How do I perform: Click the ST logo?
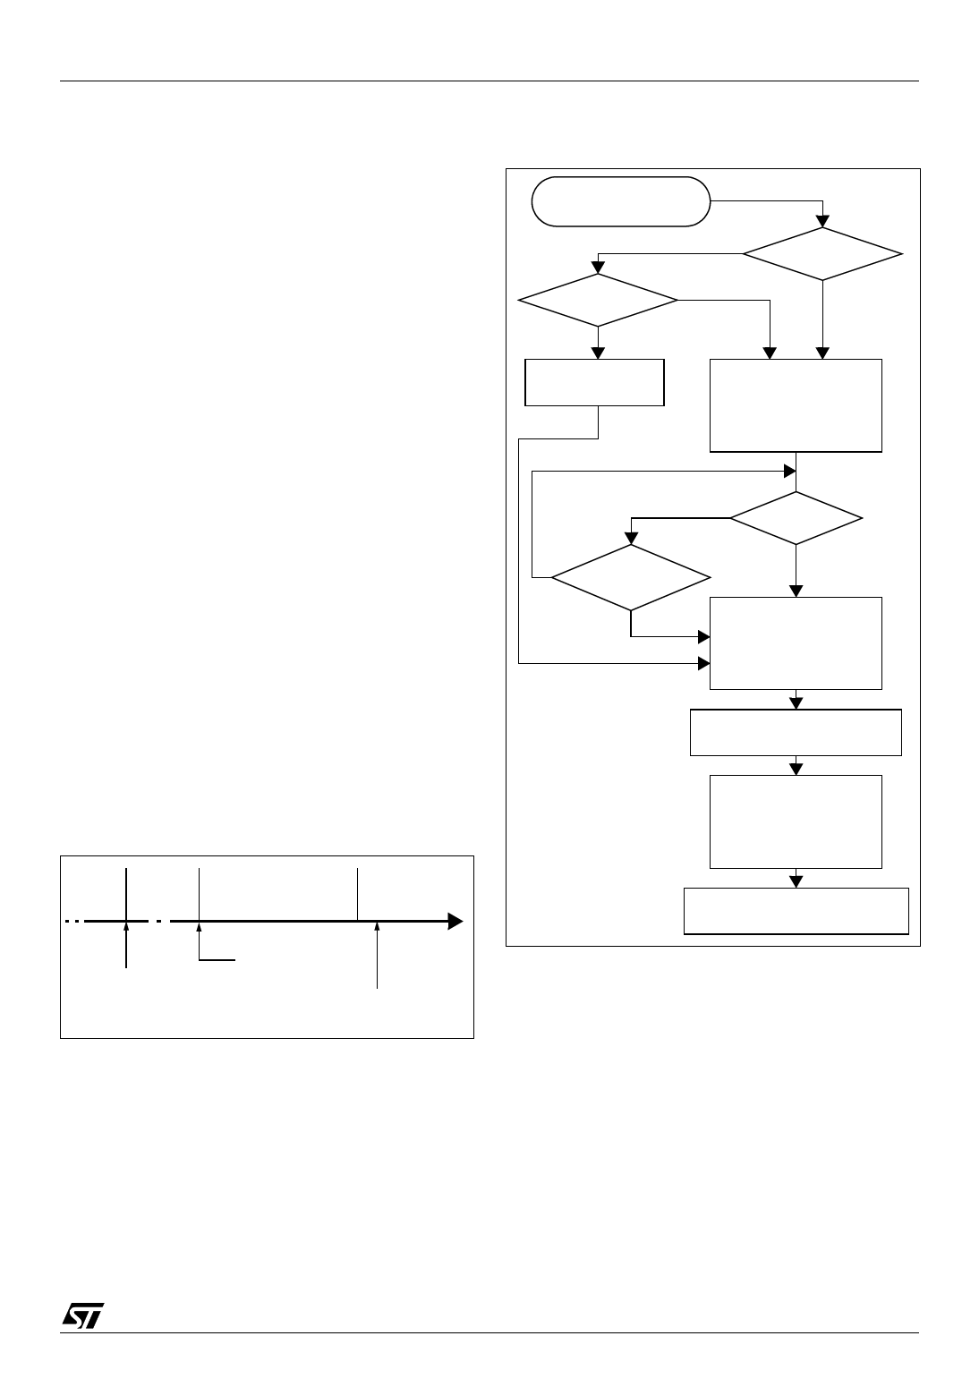[x=83, y=1315]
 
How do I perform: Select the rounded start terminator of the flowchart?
[x=620, y=201]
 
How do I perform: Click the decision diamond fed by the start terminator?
[x=822, y=255]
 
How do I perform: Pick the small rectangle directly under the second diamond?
[x=594, y=383]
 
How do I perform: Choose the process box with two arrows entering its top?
[x=796, y=405]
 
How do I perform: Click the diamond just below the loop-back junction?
[x=796, y=518]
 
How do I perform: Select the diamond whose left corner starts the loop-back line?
[x=630, y=578]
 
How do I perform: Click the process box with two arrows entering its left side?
[x=796, y=642]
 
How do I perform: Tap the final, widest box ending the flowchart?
[x=796, y=911]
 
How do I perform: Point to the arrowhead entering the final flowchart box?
[x=796, y=881]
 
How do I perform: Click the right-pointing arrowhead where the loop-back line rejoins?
[x=790, y=471]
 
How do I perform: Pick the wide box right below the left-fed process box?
[x=796, y=733]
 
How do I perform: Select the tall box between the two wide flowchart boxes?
[x=796, y=821]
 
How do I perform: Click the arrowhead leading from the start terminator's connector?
[x=822, y=222]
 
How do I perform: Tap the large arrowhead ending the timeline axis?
[x=455, y=921]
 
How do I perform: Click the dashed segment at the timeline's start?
[x=73, y=921]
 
